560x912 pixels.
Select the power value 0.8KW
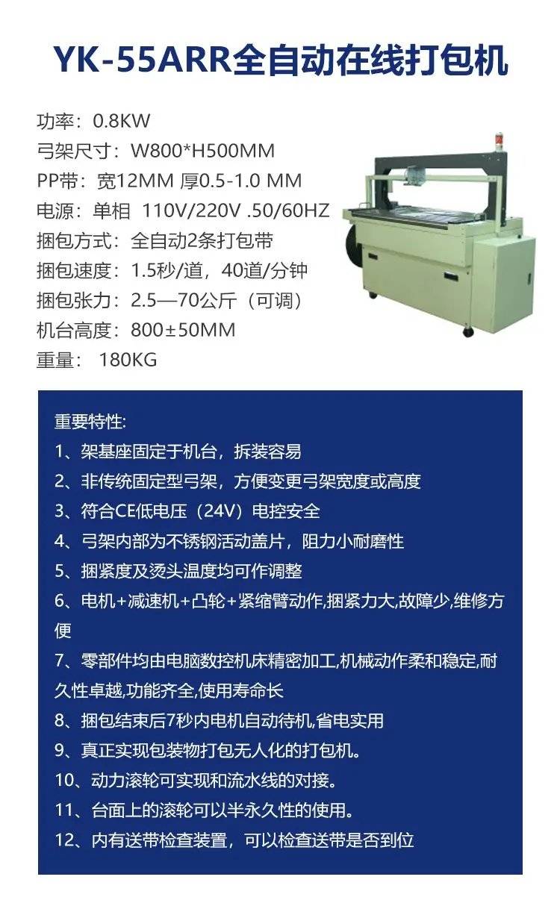click(122, 121)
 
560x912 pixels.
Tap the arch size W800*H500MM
click(202, 151)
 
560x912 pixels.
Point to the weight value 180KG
click(128, 360)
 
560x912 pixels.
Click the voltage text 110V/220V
click(191, 211)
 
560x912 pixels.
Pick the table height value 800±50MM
click(183, 330)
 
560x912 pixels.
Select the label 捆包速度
click(74, 271)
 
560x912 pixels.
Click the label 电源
click(55, 211)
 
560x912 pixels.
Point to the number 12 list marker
click(64, 840)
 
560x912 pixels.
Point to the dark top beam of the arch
click(441, 157)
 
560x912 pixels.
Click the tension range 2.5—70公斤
click(184, 301)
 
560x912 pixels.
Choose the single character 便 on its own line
click(63, 631)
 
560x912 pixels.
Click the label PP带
click(55, 181)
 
